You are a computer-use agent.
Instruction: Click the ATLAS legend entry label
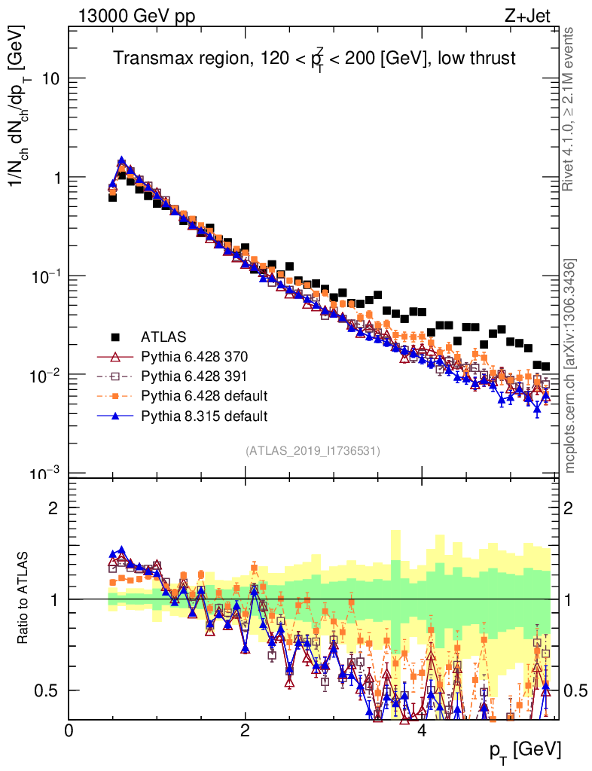pos(163,336)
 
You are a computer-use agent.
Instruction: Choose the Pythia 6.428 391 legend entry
pos(194,375)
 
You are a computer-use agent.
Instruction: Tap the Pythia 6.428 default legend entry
pos(204,395)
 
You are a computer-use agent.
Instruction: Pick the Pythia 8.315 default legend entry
pos(204,415)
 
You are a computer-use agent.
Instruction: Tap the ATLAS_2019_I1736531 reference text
pos(313,451)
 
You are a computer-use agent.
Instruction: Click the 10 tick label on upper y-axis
pos(51,79)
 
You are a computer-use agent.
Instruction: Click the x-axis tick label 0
pos(69,731)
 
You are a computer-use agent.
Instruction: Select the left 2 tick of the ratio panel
pos(55,508)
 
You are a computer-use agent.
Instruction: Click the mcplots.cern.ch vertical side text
pos(570,366)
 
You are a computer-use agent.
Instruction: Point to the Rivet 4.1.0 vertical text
pos(570,108)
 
